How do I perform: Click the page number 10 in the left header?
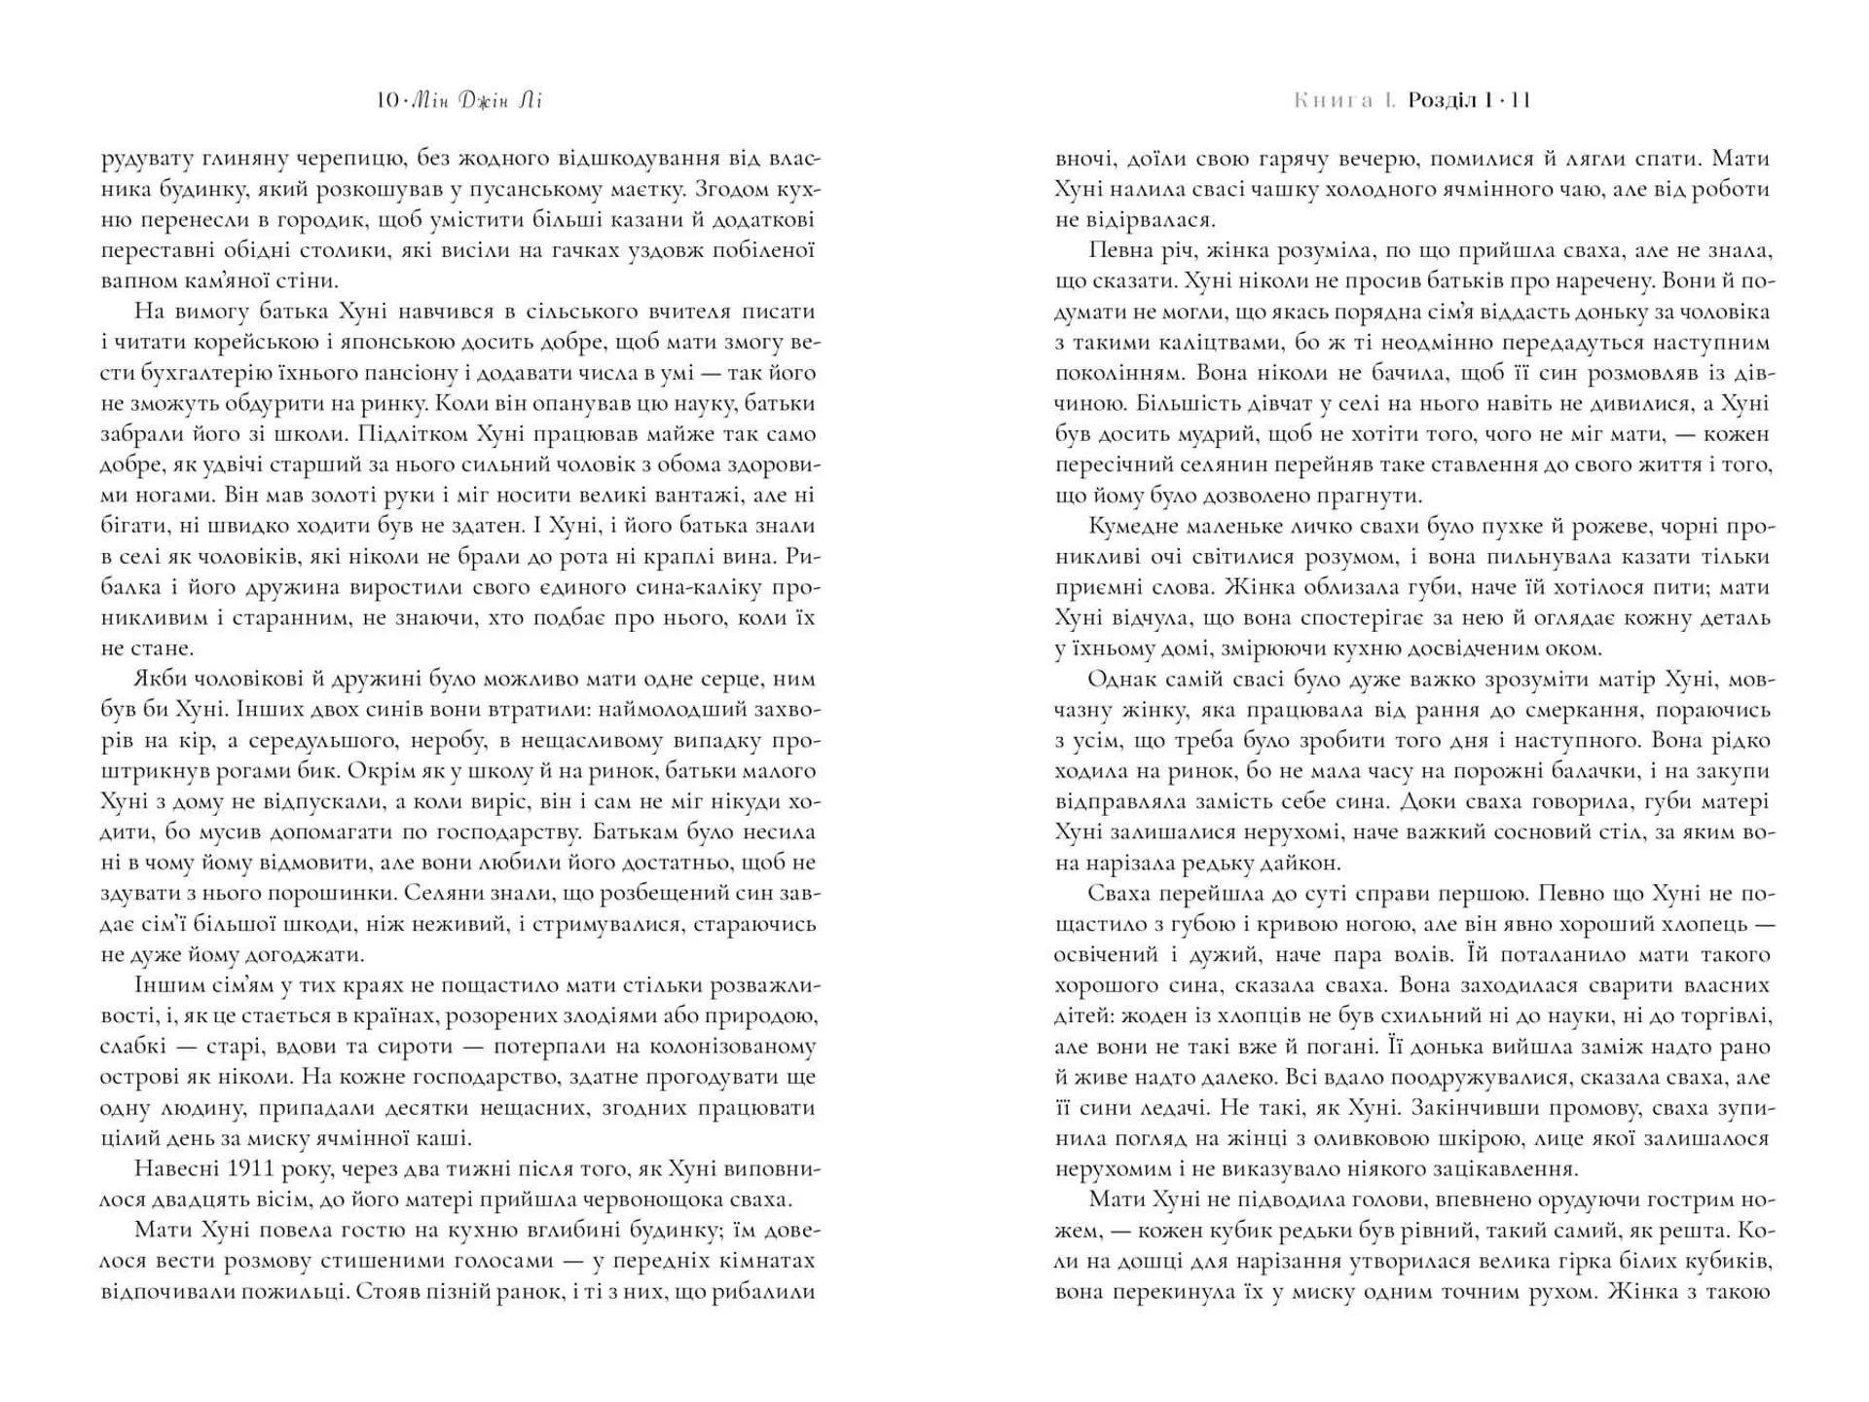pyautogui.click(x=386, y=100)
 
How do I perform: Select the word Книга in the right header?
pyautogui.click(x=1334, y=100)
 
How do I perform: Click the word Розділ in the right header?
pyautogui.click(x=1442, y=100)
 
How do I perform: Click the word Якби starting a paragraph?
pyautogui.click(x=162, y=680)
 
